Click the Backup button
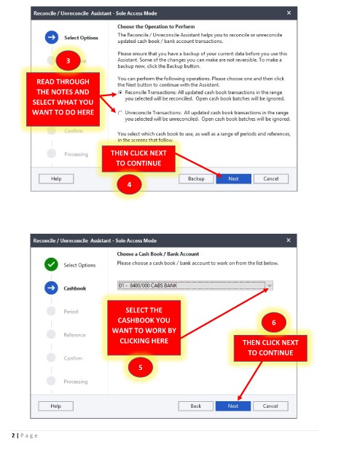[196, 178]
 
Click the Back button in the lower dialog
[196, 406]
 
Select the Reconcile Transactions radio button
[120, 92]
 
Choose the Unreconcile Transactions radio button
[120, 113]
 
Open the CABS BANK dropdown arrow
[269, 285]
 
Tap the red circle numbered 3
[68, 60]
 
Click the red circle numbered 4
[129, 184]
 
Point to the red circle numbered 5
[141, 367]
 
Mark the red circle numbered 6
[274, 323]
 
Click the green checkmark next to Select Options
[51, 264]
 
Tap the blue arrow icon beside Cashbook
[51, 288]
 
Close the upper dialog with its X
[289, 13]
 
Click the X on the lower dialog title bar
[289, 240]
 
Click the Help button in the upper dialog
[56, 178]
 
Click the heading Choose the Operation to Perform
[156, 26]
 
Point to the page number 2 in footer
[13, 435]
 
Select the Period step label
[71, 312]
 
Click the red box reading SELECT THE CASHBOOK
[144, 328]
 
